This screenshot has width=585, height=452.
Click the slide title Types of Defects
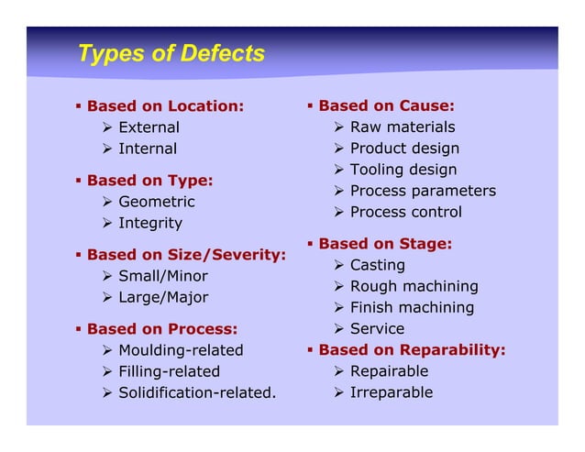tap(171, 54)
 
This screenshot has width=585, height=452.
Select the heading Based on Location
tap(165, 106)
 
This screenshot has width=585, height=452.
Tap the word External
tap(149, 127)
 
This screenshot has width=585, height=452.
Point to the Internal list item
tap(148, 149)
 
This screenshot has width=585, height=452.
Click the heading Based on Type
tap(149, 181)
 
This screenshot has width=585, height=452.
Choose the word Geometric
tap(157, 202)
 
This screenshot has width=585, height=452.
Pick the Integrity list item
tap(150, 223)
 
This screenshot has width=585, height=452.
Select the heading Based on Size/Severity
tap(186, 255)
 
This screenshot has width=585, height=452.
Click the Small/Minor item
tap(163, 276)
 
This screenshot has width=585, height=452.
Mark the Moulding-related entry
tap(181, 350)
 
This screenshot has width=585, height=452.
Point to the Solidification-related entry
tap(197, 393)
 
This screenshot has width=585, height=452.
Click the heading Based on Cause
tap(386, 106)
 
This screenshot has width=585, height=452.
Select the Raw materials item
tap(403, 127)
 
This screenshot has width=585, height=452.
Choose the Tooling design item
tap(403, 170)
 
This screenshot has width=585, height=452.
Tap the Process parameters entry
tap(423, 191)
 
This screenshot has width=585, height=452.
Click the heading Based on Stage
tap(385, 244)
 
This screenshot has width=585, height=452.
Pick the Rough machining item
tap(414, 287)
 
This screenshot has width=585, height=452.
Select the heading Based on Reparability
tap(412, 350)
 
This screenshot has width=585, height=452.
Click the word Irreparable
tap(392, 393)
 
